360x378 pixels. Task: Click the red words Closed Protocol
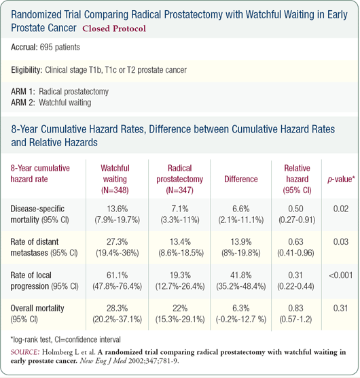[114, 29]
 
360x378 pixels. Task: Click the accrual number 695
[46, 47]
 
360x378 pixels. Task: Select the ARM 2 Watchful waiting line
[51, 103]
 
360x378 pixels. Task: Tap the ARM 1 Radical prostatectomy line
[60, 92]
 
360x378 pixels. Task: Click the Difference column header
[241, 179]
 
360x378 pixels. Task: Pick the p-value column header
[341, 179]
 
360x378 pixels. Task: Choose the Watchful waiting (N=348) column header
[115, 179]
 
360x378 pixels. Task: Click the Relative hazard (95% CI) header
[297, 179]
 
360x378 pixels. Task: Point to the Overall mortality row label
[37, 313]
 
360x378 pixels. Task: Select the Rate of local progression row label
[45, 281]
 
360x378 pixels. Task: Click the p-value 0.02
[341, 209]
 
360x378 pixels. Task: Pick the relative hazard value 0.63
[295, 242]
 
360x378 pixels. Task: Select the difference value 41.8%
[241, 275]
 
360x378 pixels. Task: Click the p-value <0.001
[341, 275]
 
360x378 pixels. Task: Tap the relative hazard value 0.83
[295, 308]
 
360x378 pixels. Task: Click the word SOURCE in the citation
[25, 352]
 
